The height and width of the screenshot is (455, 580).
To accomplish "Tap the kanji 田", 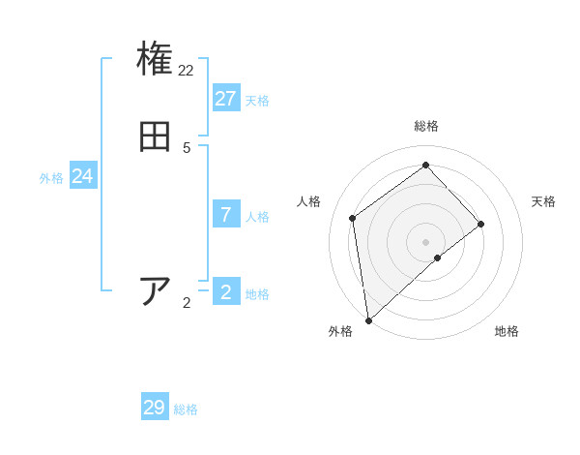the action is (155, 136).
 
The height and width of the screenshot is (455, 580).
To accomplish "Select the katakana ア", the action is (155, 290).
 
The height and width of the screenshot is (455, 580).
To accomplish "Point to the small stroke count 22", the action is (187, 71).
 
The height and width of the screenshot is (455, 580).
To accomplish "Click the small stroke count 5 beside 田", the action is (187, 148).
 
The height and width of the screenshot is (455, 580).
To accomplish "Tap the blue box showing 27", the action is (226, 99).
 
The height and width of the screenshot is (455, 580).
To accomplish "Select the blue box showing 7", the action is (226, 214).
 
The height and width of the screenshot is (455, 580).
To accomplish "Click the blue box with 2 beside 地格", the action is (226, 291).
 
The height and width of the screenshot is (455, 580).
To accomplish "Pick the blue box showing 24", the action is (83, 176).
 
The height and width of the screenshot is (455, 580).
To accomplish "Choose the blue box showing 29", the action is (155, 408).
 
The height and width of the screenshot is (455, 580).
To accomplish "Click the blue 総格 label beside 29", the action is (186, 409).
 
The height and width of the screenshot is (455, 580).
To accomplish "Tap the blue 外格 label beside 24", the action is (51, 178).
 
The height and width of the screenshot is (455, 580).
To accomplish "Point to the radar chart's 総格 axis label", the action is (426, 126).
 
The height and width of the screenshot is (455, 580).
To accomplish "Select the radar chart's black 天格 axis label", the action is (544, 201).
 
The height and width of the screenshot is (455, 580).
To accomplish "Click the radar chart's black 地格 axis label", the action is (507, 332).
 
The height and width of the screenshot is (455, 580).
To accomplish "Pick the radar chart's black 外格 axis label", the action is (340, 332).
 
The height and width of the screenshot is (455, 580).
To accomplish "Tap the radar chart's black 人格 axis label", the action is (309, 201).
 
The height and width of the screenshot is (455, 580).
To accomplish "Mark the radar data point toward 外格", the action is (368, 320).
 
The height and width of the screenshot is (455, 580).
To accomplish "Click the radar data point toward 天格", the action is (481, 224).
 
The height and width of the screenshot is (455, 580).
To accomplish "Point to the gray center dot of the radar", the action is (426, 241).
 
